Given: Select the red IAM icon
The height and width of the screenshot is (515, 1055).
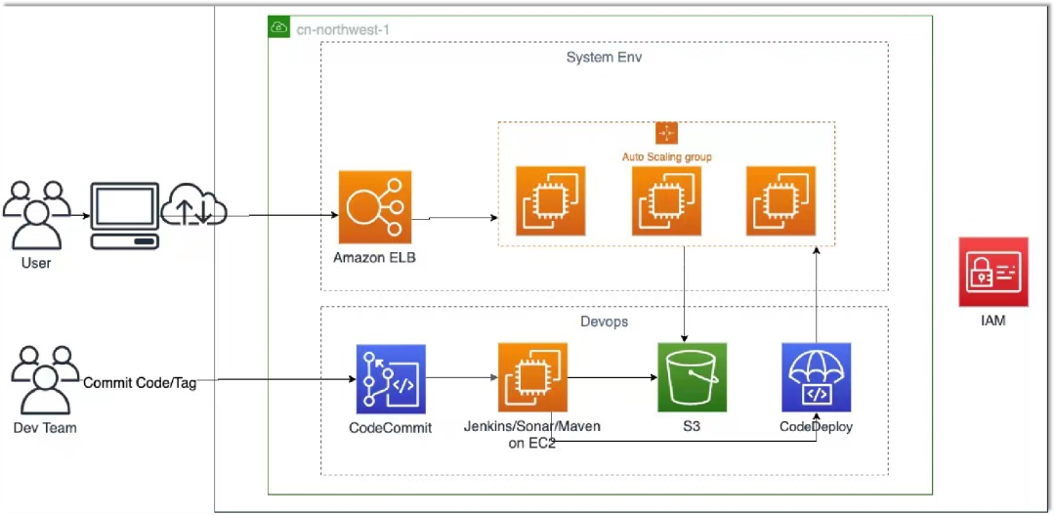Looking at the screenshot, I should tap(993, 272).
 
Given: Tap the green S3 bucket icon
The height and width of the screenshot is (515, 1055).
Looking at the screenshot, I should tap(693, 377).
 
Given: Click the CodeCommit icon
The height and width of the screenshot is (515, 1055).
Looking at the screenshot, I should tap(391, 379).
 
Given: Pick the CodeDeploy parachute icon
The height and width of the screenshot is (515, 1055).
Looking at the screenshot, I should tap(817, 377).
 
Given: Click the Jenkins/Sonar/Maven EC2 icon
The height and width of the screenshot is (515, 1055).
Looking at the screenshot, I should tap(532, 377).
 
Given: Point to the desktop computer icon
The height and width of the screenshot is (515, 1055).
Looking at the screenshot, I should tap(124, 215).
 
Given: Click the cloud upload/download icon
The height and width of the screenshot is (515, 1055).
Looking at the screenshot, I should tap(195, 206).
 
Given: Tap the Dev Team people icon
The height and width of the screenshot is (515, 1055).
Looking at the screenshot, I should tap(44, 382).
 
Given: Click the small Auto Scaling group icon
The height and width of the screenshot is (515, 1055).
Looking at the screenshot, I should tap(666, 134).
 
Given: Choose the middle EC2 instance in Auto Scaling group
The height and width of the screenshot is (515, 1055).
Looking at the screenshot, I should tap(666, 200).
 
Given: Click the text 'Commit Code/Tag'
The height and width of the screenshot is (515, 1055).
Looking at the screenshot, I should tap(140, 383).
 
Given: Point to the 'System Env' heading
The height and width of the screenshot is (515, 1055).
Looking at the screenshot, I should tap(604, 58).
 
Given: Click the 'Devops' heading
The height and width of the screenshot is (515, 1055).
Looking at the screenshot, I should tap(604, 321).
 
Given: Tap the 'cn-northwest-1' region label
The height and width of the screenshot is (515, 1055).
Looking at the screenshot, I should tap(343, 28).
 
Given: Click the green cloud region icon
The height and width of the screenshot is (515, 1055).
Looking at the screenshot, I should tap(279, 27).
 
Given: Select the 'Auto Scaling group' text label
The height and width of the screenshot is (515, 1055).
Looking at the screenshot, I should tap(666, 156).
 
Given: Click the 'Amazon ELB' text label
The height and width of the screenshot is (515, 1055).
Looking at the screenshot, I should tap(373, 257).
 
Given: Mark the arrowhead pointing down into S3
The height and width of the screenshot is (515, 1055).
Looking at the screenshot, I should tap(683, 337).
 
